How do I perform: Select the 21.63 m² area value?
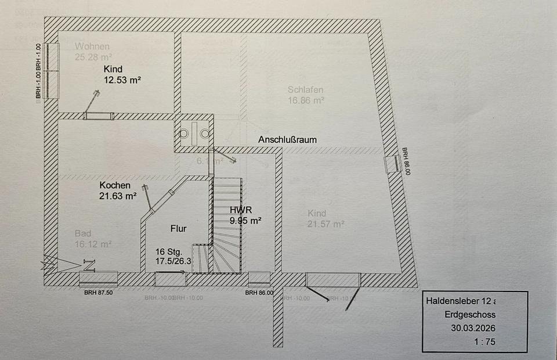(118, 196)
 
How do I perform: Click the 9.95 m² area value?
(245, 220)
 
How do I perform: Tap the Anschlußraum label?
(288, 140)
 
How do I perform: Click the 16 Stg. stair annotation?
(169, 252)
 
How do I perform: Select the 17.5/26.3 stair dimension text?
(173, 262)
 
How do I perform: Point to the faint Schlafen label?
(305, 90)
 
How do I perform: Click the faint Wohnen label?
(92, 46)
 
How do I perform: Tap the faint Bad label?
(83, 233)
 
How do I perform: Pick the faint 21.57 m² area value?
(326, 224)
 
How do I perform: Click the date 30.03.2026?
(473, 327)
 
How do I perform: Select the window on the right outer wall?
(392, 164)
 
